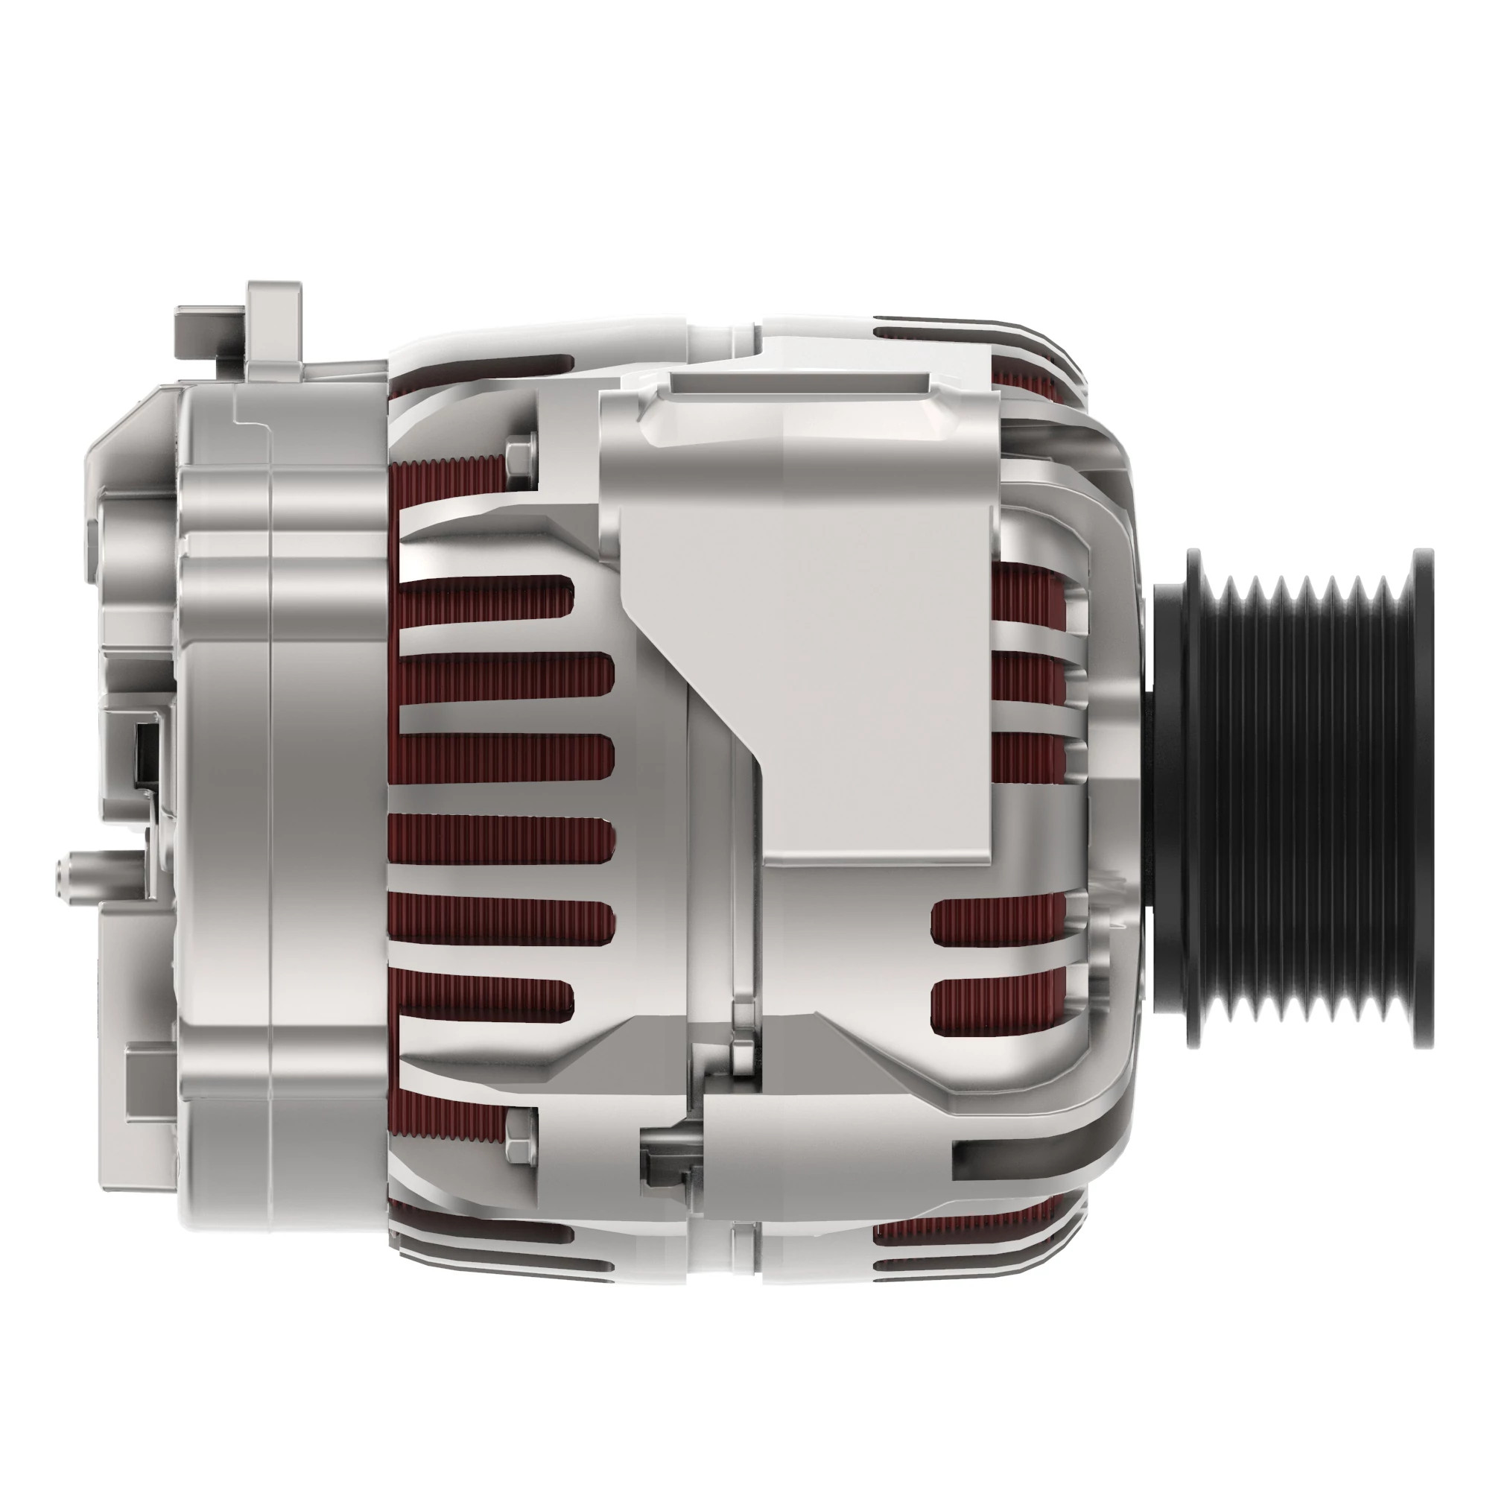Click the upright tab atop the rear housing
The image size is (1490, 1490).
click(273, 324)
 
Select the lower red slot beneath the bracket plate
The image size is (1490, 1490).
click(999, 1006)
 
